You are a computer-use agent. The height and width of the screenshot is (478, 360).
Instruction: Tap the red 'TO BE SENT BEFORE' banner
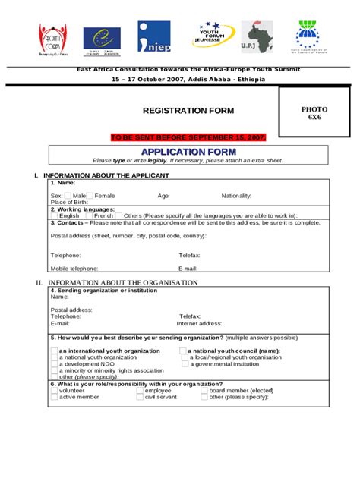[x=188, y=137]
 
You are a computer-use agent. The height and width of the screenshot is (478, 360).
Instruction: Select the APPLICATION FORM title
[x=188, y=152]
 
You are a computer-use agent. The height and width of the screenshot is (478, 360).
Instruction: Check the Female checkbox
[x=90, y=196]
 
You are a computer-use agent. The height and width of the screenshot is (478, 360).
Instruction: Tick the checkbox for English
[x=54, y=215]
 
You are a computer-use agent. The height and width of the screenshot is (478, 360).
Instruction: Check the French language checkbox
[x=89, y=215]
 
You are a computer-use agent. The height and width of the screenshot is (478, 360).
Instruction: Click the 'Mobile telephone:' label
[x=74, y=269]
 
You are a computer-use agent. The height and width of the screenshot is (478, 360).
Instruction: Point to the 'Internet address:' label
[x=200, y=323]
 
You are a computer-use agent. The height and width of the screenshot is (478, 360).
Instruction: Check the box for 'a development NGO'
[x=54, y=364]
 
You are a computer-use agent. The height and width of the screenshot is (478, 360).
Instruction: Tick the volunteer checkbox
[x=54, y=391]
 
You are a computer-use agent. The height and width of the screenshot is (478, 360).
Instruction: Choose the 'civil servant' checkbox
[x=141, y=397]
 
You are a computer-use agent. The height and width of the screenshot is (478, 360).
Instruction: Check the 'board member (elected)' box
[x=204, y=391]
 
